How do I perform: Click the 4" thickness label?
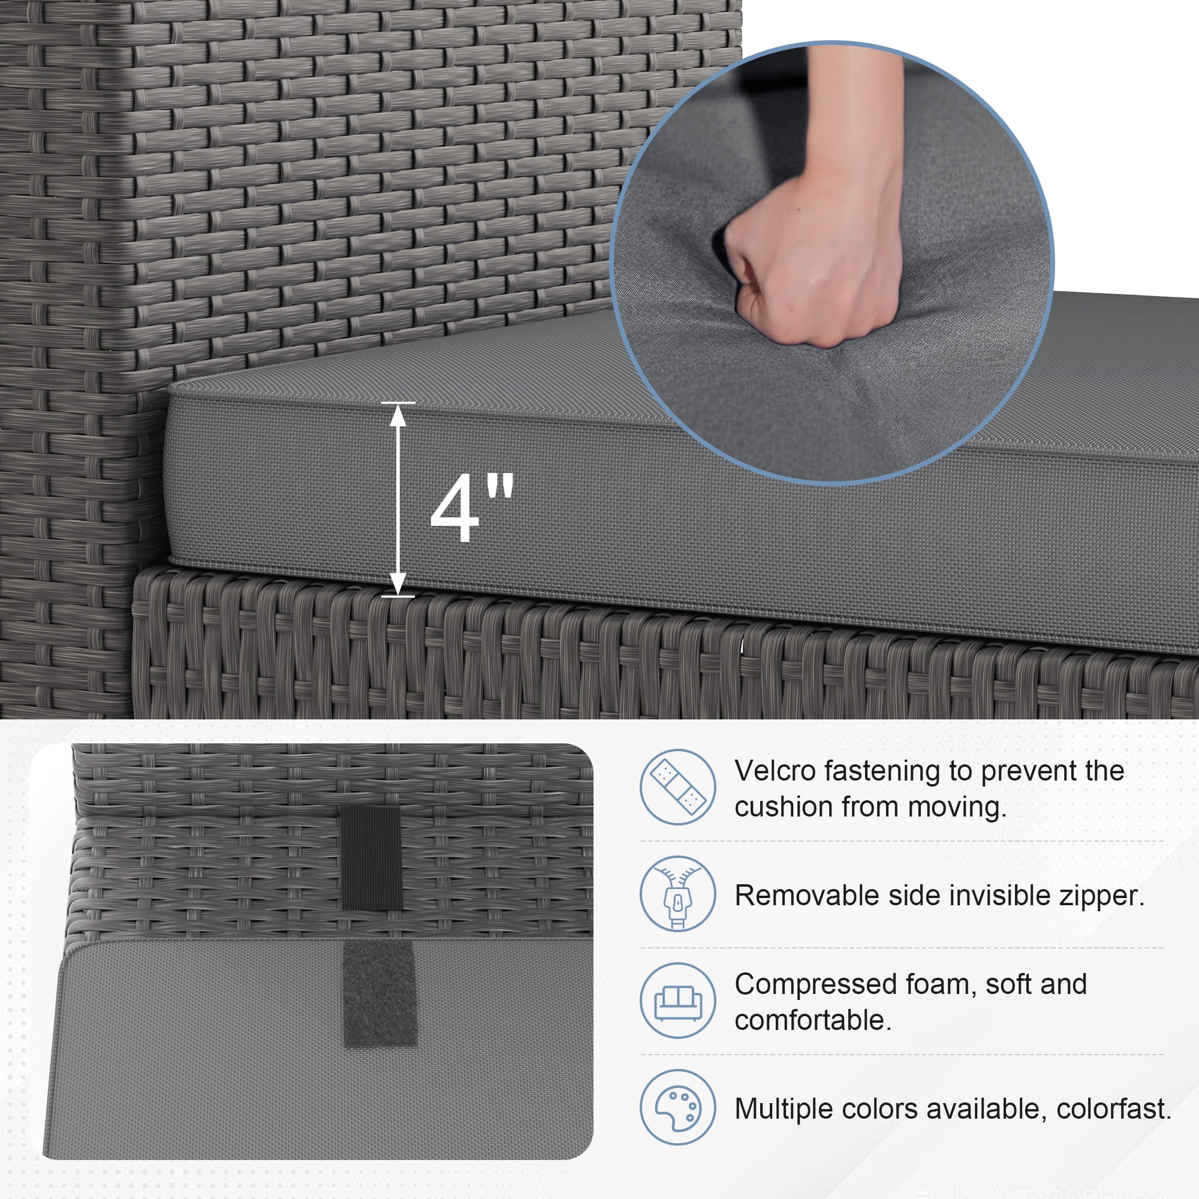472,507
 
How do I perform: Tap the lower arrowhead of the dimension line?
398,583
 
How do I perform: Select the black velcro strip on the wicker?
372,858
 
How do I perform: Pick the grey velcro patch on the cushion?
380,994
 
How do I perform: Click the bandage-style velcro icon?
677,787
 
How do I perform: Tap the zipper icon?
677,894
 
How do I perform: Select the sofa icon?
677,1001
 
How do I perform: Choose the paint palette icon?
677,1107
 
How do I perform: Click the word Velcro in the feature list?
775,771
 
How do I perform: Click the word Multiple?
781,1109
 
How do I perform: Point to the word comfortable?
813,1020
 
